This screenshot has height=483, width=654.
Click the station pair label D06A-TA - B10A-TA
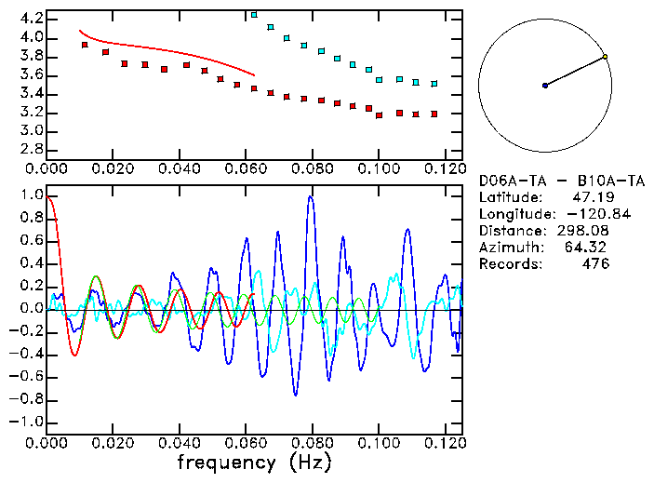point(561,181)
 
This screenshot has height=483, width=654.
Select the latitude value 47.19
point(589,197)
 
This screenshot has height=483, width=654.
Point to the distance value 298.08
point(586,231)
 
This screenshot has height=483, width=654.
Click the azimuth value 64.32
point(589,248)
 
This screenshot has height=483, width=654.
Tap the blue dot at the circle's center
point(545,86)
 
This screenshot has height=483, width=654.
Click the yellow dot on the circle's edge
point(605,57)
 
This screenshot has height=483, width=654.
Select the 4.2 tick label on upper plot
point(31,19)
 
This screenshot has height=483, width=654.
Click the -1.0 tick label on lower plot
point(27,422)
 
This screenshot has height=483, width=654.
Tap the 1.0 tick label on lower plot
point(31,195)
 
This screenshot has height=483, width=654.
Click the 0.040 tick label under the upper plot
point(179,169)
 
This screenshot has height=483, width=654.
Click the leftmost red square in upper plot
point(85,45)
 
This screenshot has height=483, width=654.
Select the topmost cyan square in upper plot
point(255,15)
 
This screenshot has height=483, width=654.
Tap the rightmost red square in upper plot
point(434,114)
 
